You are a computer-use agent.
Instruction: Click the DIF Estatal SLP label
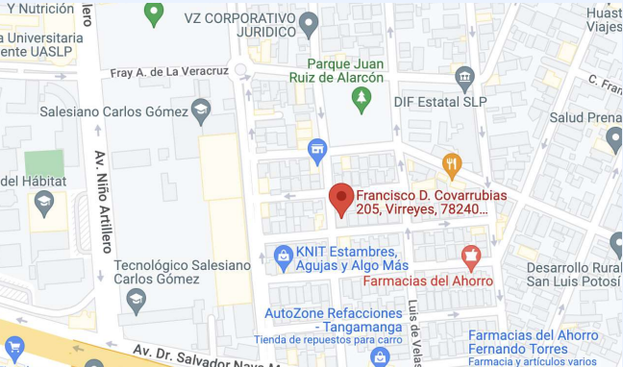point(439,101)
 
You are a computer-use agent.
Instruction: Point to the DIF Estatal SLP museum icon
point(465,76)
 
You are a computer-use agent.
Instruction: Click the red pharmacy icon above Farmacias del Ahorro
point(470,257)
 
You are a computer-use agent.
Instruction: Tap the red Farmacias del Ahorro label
point(428,281)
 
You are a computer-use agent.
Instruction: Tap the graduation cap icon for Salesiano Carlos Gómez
point(200,110)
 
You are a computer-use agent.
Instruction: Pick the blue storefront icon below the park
point(316,149)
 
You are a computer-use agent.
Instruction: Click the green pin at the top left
point(153,12)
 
